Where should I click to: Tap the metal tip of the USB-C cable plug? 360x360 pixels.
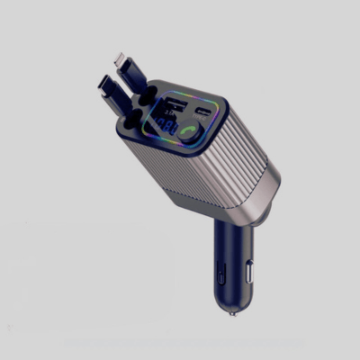click(102, 87)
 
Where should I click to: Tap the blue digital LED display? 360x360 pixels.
click(166, 125)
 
